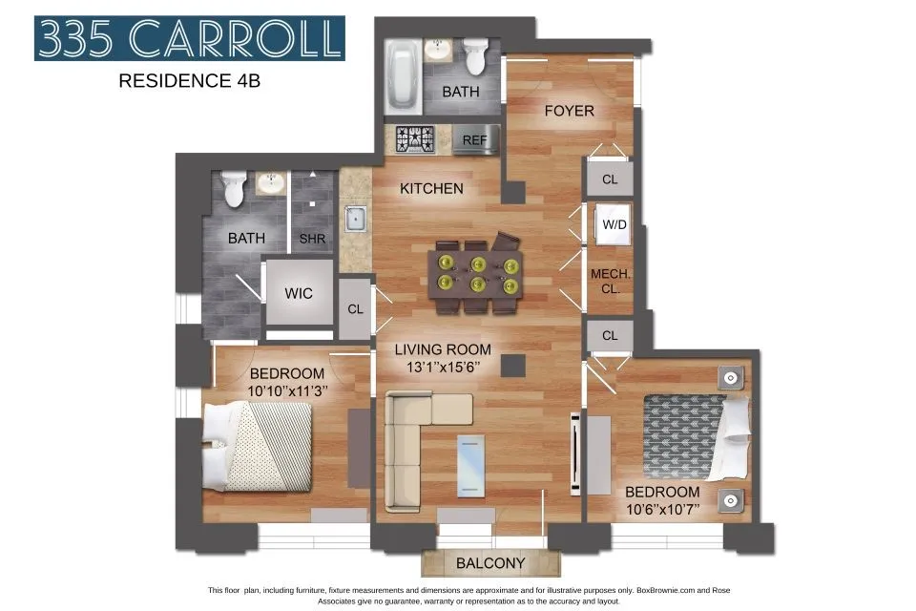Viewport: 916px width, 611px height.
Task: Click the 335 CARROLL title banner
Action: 189,39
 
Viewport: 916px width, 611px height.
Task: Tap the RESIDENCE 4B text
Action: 189,81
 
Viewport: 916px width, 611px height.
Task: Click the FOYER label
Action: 569,111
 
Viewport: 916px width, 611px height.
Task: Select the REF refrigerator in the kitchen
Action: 475,139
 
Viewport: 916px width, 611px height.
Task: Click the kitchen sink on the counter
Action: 356,218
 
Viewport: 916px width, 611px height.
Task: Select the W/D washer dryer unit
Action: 611,224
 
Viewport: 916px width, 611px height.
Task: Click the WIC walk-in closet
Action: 298,293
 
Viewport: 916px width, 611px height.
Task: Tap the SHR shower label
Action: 312,239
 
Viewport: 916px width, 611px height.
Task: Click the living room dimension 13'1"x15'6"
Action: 443,366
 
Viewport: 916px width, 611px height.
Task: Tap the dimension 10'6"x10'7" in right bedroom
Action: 662,509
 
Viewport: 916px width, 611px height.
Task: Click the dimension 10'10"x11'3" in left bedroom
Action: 286,390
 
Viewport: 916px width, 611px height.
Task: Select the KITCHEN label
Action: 431,188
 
